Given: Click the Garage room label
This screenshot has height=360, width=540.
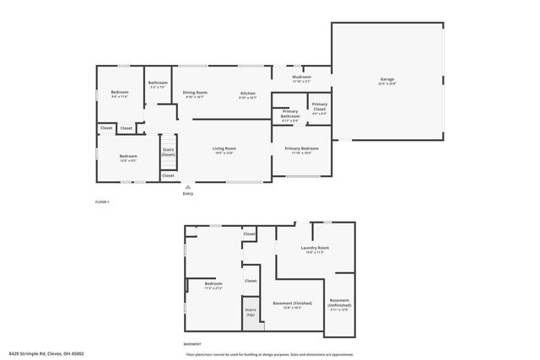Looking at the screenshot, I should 386,81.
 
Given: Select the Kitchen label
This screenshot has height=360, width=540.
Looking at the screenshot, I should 247,94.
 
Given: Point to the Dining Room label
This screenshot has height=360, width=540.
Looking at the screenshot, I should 196,94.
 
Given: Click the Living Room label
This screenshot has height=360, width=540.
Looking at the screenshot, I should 224,149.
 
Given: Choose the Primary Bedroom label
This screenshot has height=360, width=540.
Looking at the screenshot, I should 301,149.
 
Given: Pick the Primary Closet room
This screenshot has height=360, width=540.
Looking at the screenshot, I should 319,108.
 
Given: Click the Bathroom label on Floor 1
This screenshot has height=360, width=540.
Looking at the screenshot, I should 158,83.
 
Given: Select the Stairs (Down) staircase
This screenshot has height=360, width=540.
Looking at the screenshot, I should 169,152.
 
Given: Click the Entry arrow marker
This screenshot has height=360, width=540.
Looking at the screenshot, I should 187,187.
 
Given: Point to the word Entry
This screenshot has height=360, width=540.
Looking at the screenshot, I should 187,194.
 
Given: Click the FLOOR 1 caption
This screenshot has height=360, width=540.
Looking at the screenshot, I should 102,201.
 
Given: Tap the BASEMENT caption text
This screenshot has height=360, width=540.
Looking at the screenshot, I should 192,343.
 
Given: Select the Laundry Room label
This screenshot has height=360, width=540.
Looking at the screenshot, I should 315,249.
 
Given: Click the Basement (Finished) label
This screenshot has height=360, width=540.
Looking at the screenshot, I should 292,304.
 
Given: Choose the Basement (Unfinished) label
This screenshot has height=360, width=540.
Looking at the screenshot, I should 339,303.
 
